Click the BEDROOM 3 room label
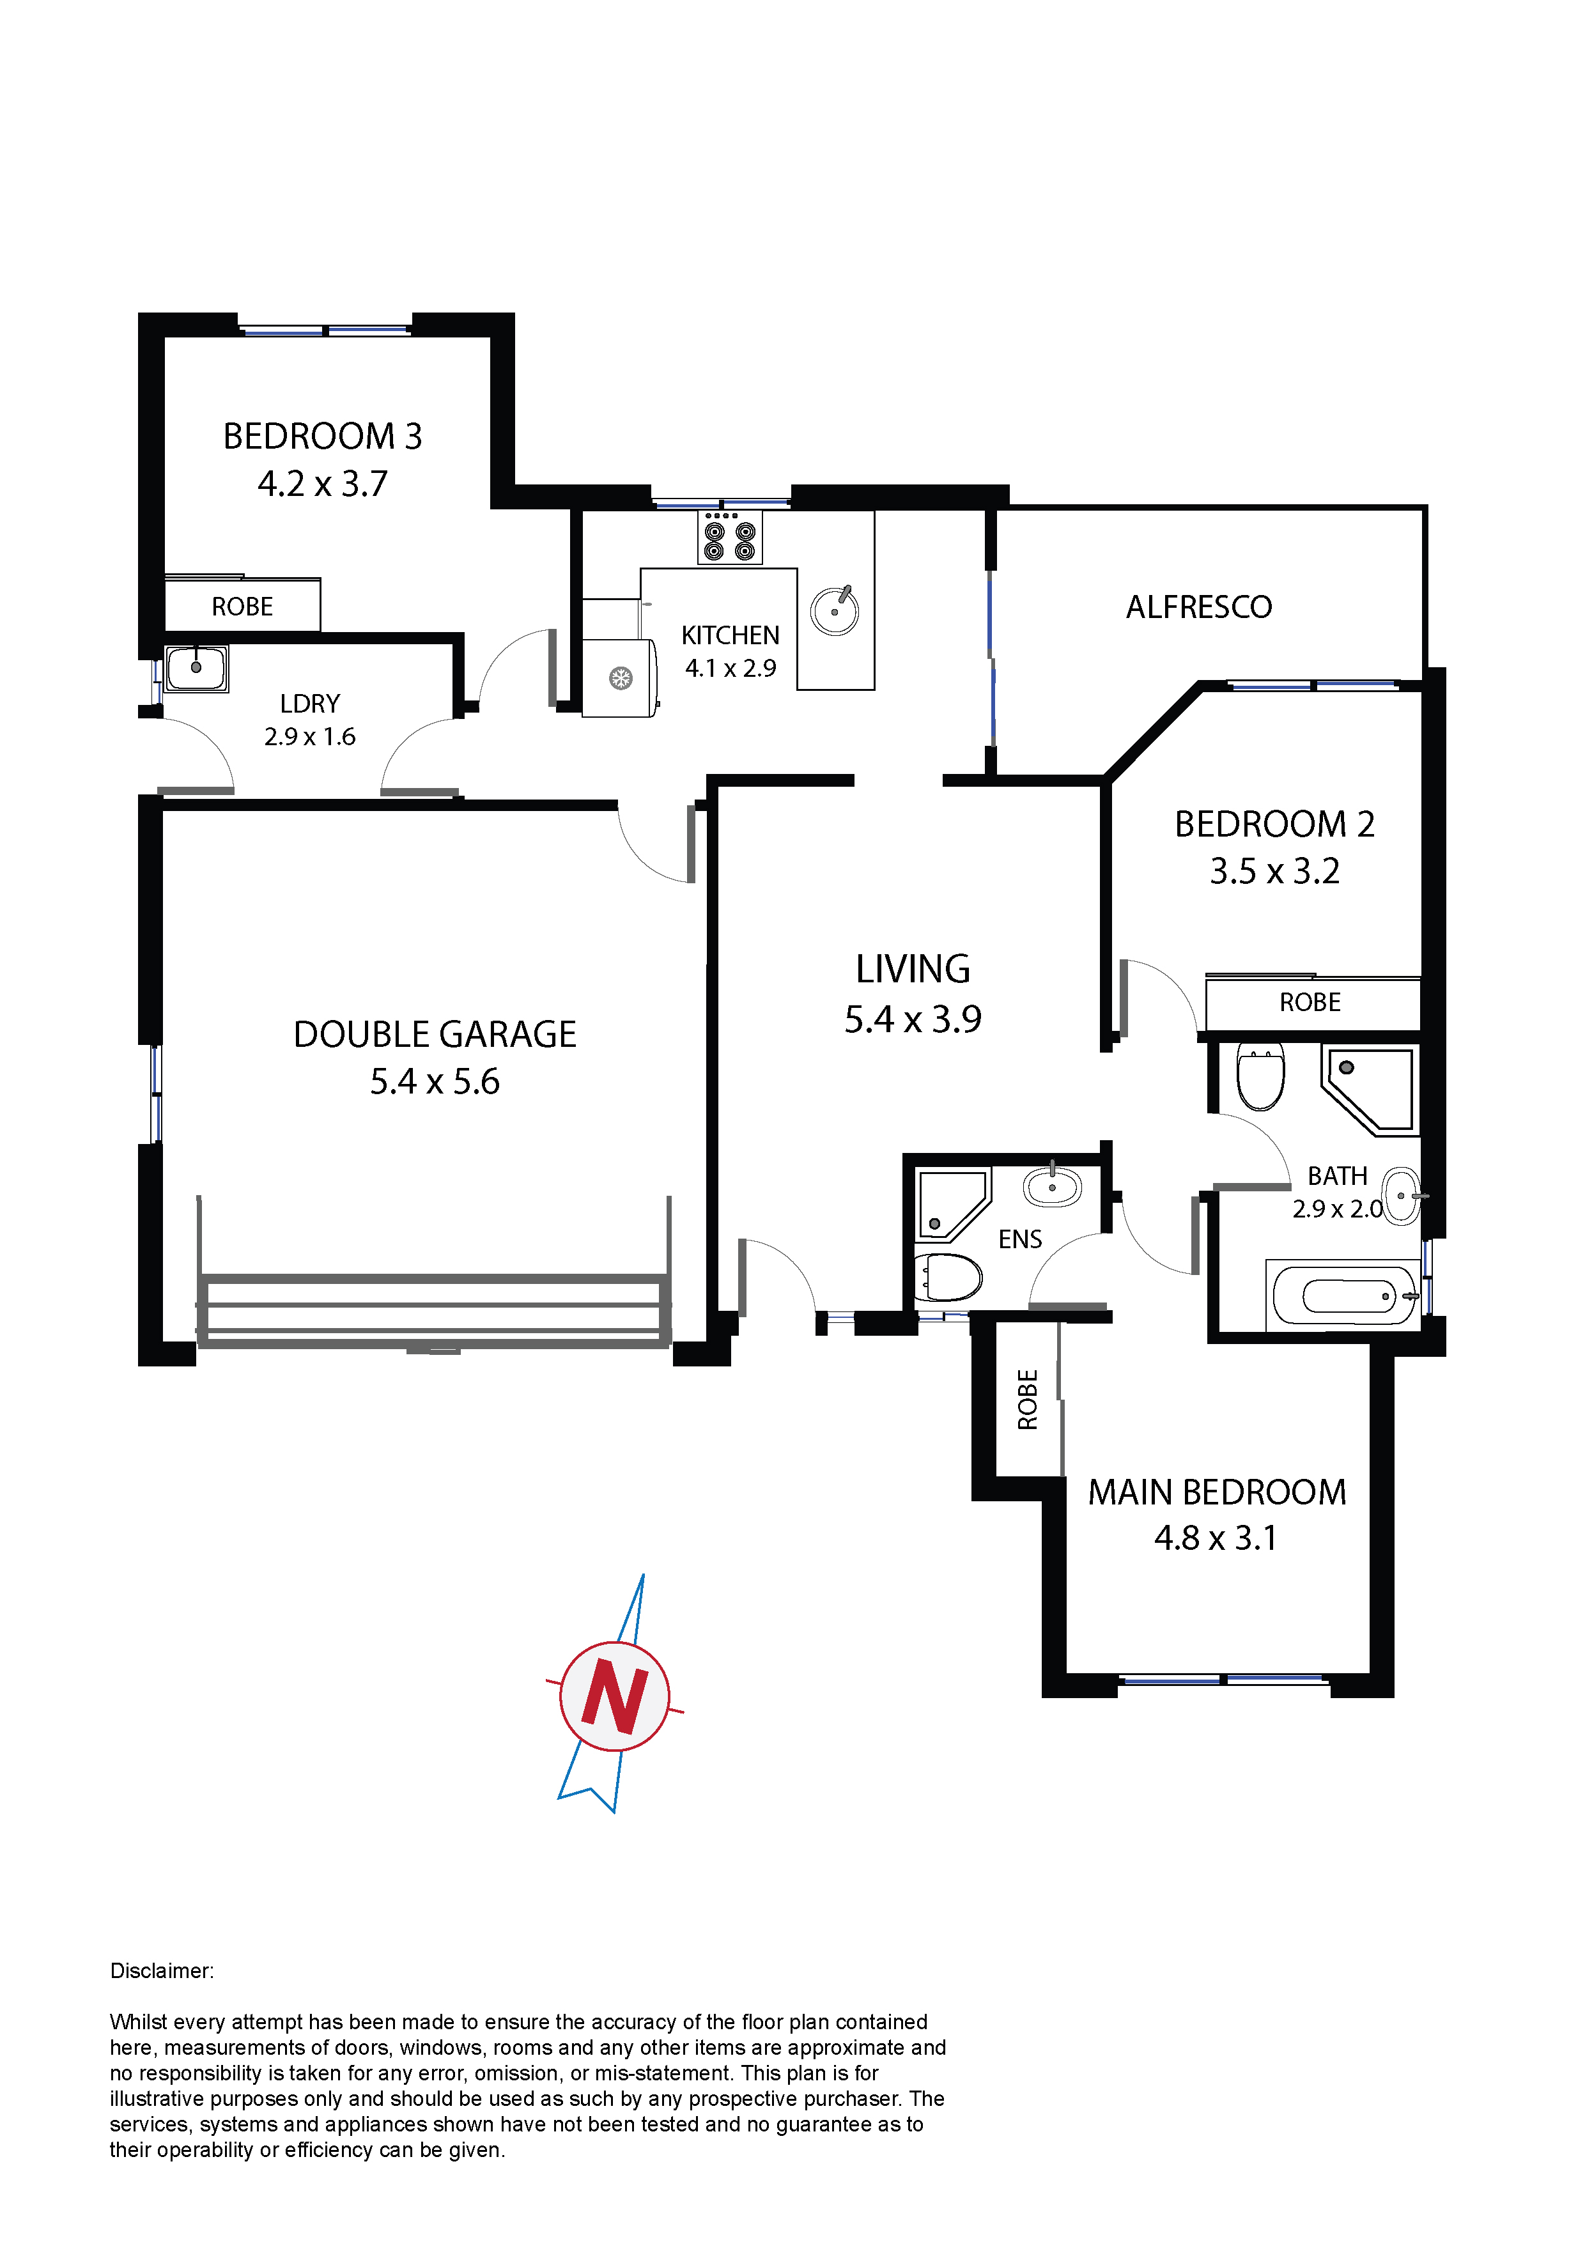pyautogui.click(x=322, y=437)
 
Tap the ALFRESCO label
pyautogui.click(x=1198, y=607)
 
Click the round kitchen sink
pyautogui.click(x=835, y=610)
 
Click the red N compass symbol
pyautogui.click(x=614, y=1696)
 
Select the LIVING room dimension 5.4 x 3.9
pyautogui.click(x=913, y=1019)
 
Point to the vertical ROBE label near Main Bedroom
pyautogui.click(x=1027, y=1399)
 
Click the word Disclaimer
pyautogui.click(x=161, y=1970)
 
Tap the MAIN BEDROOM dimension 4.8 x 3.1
pyautogui.click(x=1216, y=1538)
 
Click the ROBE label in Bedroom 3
pyautogui.click(x=242, y=607)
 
